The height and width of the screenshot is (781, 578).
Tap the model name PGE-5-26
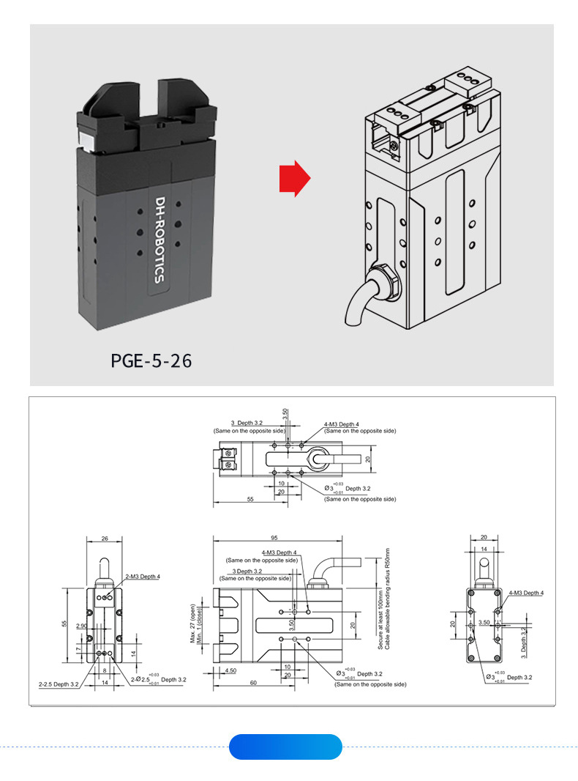[x=151, y=361]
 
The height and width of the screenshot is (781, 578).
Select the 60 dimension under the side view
[x=253, y=683]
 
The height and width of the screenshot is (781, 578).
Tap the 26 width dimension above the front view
[x=105, y=538]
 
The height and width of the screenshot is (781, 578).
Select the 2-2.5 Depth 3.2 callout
[x=58, y=684]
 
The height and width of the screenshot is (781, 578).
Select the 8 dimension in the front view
[x=105, y=670]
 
